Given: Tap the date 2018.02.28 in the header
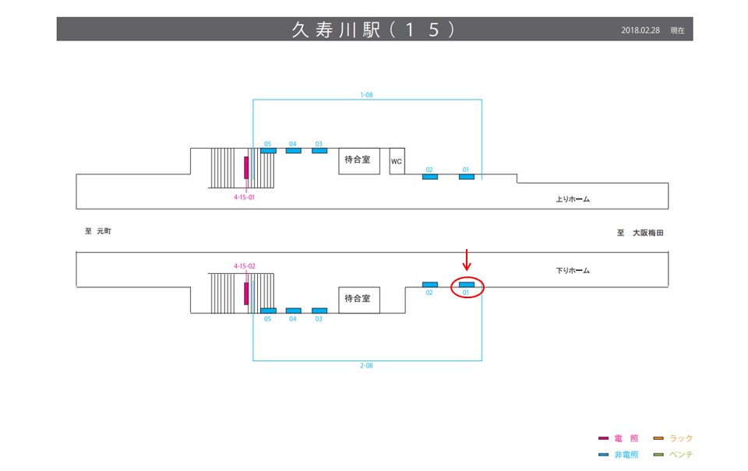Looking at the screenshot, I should (x=641, y=30).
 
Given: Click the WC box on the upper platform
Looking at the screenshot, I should (x=397, y=161).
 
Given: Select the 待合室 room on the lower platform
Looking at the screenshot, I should (x=358, y=298).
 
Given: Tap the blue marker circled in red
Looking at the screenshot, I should (x=467, y=285).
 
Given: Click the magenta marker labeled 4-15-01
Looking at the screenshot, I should (x=246, y=167).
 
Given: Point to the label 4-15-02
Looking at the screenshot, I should (x=245, y=266).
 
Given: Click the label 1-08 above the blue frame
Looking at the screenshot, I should (x=367, y=95).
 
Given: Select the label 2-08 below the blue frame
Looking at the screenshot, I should (x=366, y=365).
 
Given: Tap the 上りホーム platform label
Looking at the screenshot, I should (x=573, y=199).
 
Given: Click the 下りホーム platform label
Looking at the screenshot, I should (x=573, y=271).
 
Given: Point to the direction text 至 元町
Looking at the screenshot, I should (x=99, y=231).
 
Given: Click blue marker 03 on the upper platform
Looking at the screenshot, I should (x=319, y=150).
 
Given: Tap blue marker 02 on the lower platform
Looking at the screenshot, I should (x=429, y=284).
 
